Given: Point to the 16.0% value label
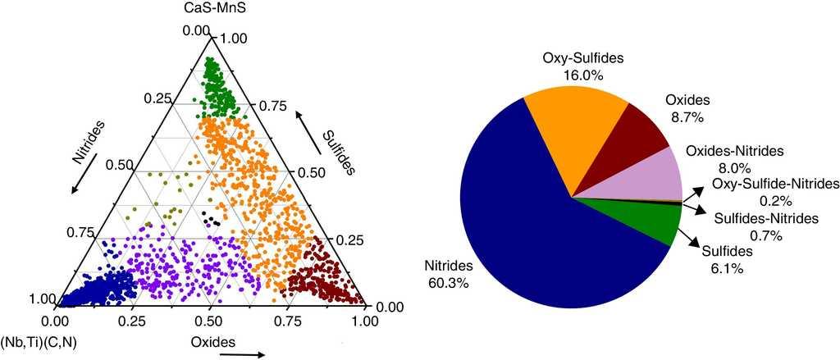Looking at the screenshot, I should (584, 75).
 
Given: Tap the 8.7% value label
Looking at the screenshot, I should (686, 117).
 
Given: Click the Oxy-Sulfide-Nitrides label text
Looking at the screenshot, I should (776, 183).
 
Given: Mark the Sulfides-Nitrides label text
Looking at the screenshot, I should (766, 218).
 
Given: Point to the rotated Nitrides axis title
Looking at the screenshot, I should (88, 144).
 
